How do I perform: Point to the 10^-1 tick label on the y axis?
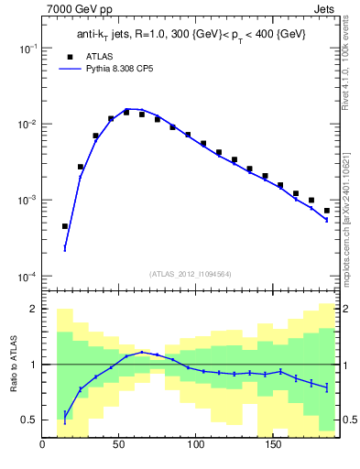[26, 49]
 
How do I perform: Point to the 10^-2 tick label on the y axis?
[26, 125]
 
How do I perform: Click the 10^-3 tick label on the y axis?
[26, 201]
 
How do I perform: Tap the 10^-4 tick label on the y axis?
[26, 277]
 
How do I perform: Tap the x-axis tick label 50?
[119, 446]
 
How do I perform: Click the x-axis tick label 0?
[43, 446]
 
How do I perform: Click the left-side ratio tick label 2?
[33, 309]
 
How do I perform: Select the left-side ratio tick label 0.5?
[29, 420]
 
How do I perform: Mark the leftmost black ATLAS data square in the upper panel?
[65, 226]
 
